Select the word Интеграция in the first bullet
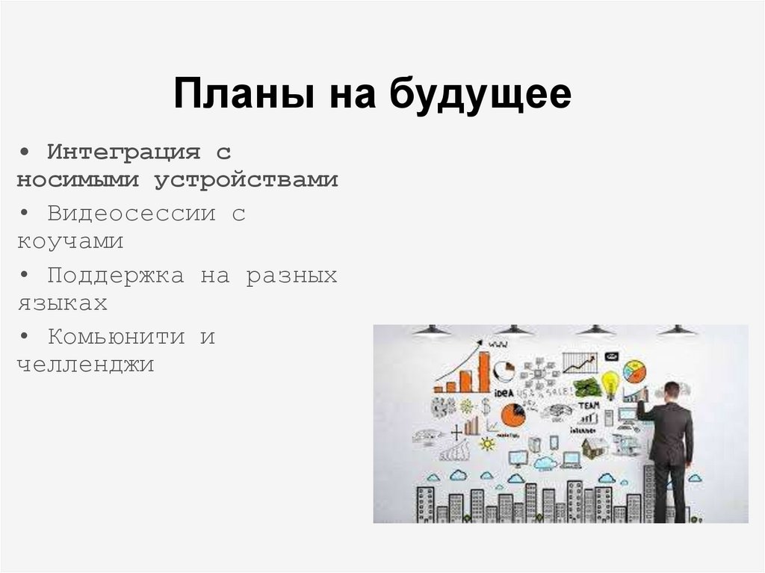pos(124,152)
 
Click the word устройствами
pos(247,180)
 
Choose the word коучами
pos(69,242)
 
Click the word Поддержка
pos(116,275)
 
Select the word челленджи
pos(85,365)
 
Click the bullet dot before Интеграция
pos(25,152)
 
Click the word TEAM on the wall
pos(589,405)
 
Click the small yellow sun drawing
pos(488,443)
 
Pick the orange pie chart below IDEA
pos(512,415)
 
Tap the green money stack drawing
pos(587,387)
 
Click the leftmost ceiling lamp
pos(432,330)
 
